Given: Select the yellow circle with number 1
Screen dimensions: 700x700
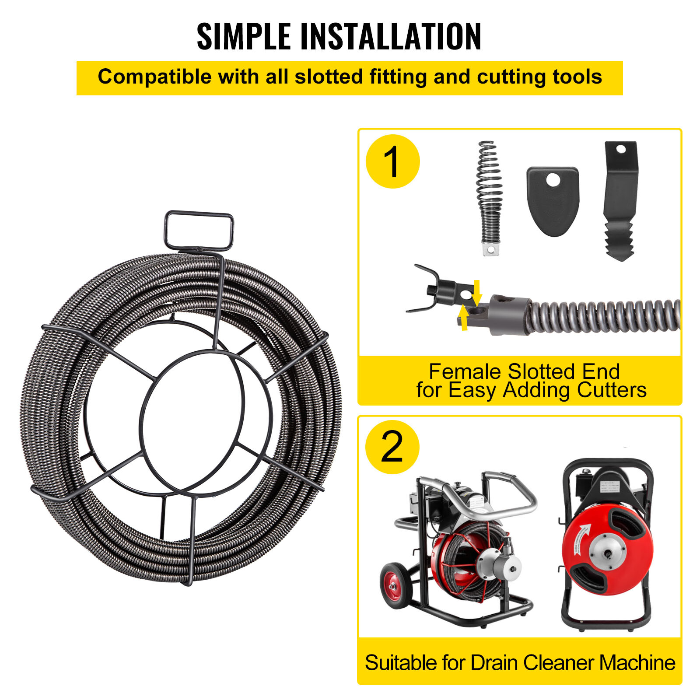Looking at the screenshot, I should pos(392,161).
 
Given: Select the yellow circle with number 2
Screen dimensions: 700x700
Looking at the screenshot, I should pos(392,447).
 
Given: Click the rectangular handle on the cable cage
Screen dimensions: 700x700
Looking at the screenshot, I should pos(199,230).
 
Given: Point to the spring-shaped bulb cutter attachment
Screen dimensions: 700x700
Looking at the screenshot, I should pos(490,197).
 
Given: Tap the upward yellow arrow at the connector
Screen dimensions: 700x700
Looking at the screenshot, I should pos(464,318).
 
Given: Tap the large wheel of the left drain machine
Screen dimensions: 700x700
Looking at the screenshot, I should pos(396,585).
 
